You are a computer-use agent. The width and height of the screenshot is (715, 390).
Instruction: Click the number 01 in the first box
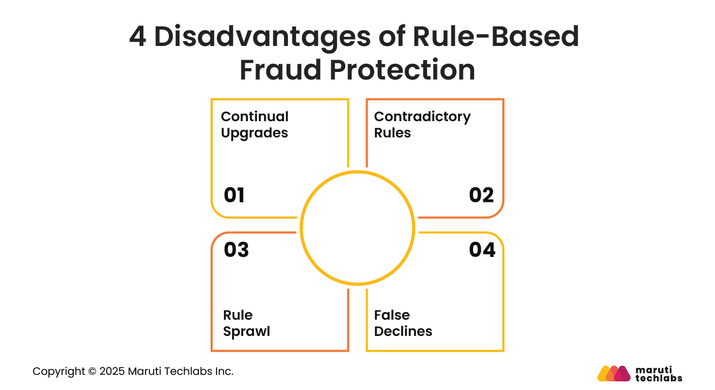coord(234,195)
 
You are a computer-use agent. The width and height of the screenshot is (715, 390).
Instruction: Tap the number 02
coord(481,195)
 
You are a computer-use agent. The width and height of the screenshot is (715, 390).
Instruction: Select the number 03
coord(236,250)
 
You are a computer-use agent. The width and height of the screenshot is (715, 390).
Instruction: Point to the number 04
coord(482,250)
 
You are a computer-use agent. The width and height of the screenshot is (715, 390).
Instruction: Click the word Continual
coord(254,117)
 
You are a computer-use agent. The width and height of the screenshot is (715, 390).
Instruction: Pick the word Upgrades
coord(254,133)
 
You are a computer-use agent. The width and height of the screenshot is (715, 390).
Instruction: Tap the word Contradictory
coord(422,117)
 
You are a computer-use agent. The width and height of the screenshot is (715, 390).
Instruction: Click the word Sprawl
coord(246,332)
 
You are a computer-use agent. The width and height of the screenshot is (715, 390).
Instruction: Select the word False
coord(392,315)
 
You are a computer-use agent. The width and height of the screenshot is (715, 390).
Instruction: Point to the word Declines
coord(403,332)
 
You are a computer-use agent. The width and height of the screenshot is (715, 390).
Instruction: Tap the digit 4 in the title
coord(137,37)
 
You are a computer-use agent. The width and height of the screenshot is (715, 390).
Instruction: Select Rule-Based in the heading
coord(496,37)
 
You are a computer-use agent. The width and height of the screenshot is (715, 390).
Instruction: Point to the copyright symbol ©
coord(91,372)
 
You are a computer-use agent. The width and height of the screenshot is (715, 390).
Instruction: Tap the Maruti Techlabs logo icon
coord(614,373)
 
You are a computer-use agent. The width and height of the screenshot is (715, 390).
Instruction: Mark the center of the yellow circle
coord(357,228)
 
